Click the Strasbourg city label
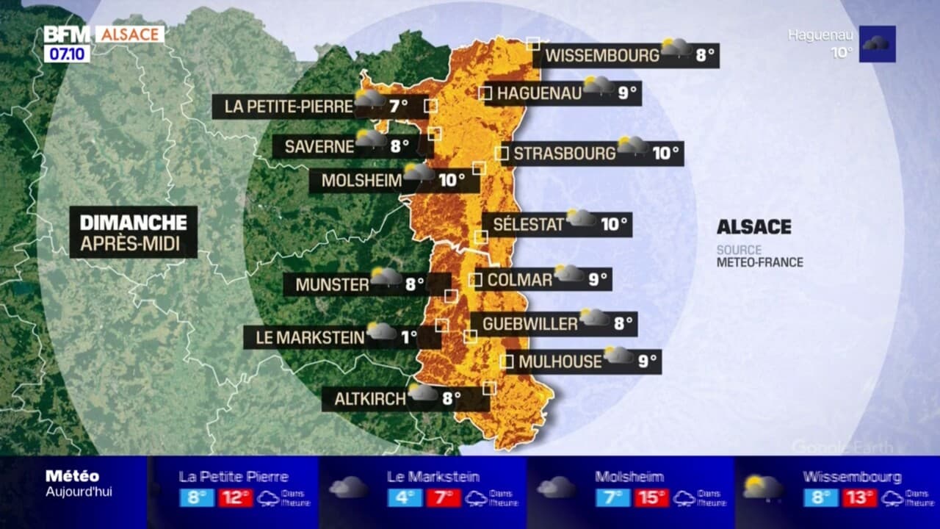564,154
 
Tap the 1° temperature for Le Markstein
409,337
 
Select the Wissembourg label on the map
602,55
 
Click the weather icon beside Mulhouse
618,356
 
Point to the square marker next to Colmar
475,280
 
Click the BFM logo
66,35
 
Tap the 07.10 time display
67,54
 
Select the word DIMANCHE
133,223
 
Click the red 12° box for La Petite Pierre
235,497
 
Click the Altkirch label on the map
370,399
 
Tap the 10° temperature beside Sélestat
614,224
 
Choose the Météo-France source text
760,262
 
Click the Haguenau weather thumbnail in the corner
877,44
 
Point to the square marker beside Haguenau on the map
485,93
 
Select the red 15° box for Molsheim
651,497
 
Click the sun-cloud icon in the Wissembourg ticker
763,487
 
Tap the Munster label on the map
332,284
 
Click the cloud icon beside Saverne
371,139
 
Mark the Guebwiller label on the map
530,323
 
